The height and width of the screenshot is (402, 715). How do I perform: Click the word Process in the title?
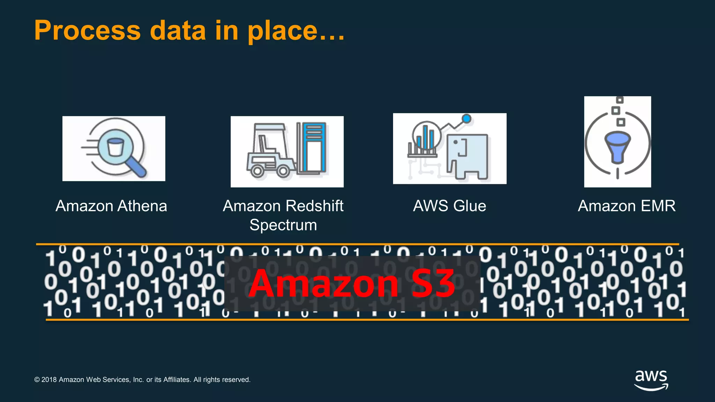87,31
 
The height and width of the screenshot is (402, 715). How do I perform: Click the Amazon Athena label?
111,206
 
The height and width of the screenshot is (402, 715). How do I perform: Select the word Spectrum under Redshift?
283,225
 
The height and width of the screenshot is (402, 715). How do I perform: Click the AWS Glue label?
449,206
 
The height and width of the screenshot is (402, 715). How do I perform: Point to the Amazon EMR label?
626,206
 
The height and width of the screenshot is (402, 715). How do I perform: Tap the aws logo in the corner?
651,380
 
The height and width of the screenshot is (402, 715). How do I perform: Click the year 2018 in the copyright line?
49,380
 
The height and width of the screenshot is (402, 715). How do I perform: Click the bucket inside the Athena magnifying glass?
116,147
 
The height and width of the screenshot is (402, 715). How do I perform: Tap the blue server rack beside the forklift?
314,147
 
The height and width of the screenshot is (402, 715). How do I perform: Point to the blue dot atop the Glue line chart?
466,119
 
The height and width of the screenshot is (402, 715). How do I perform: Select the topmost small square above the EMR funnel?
620,100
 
